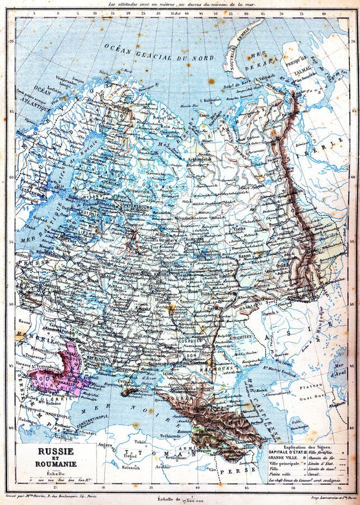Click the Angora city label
105,444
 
